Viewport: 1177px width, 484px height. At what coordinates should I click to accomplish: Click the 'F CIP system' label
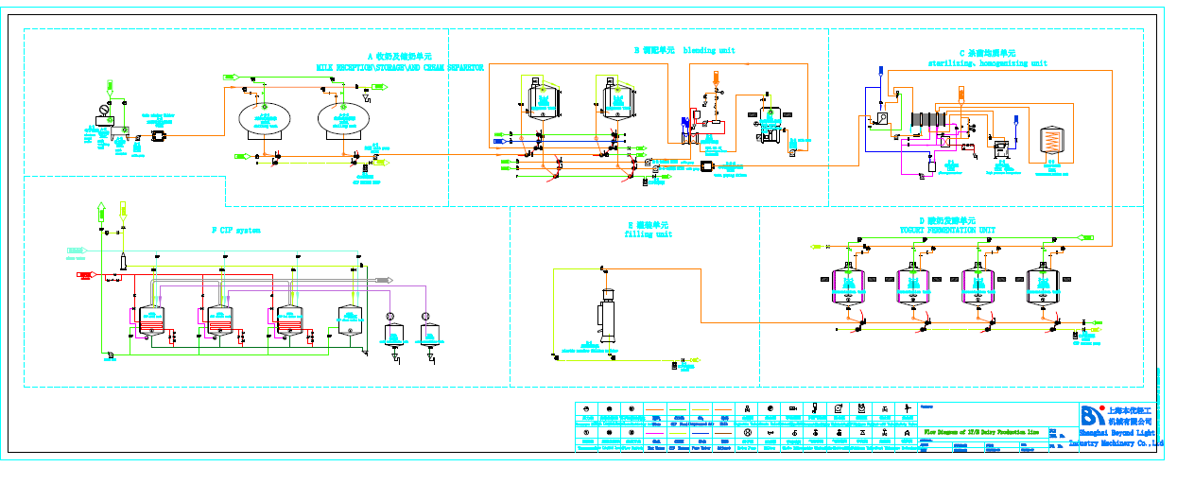pyautogui.click(x=235, y=230)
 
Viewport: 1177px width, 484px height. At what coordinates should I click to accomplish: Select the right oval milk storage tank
pyautogui.click(x=343, y=118)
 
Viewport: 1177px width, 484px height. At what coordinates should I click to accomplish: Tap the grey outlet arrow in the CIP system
pyautogui.click(x=384, y=280)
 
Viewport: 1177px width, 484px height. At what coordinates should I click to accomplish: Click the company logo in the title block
pyautogui.click(x=1092, y=416)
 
